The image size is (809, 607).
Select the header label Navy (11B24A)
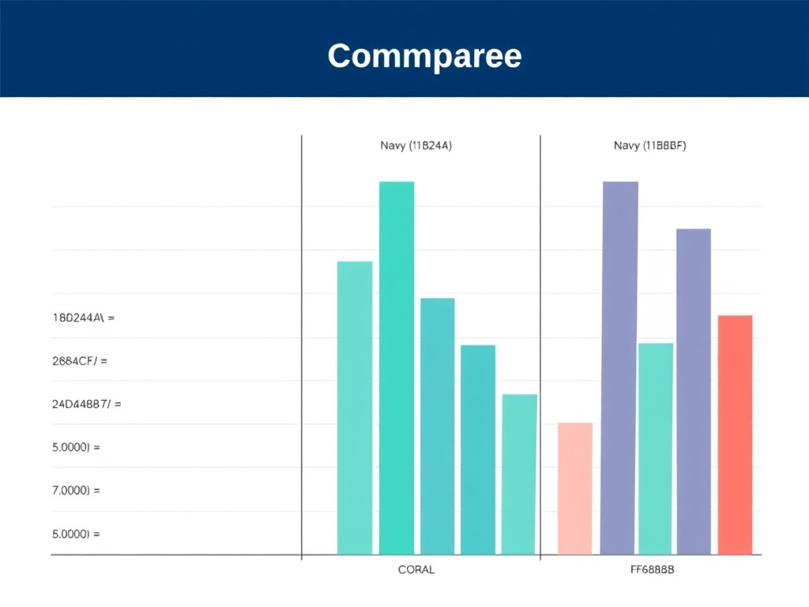pos(416,145)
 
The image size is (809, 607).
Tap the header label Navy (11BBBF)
pos(649,145)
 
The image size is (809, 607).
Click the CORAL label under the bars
pos(416,570)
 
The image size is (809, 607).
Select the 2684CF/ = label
pos(79,361)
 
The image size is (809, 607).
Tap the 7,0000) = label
pos(76,490)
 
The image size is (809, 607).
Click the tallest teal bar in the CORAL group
pos(397,368)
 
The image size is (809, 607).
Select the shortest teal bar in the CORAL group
pos(519,474)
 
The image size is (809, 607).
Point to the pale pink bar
pos(575,488)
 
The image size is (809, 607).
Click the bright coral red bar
pos(735,435)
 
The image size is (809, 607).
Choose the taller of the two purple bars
pos(619,368)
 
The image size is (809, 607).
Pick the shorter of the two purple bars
pos(694,391)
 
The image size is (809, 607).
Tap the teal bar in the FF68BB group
pos(656,448)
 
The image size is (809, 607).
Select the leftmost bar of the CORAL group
pos(355,407)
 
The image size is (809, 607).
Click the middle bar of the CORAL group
pos(437,426)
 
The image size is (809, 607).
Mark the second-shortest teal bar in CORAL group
pos(478,449)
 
